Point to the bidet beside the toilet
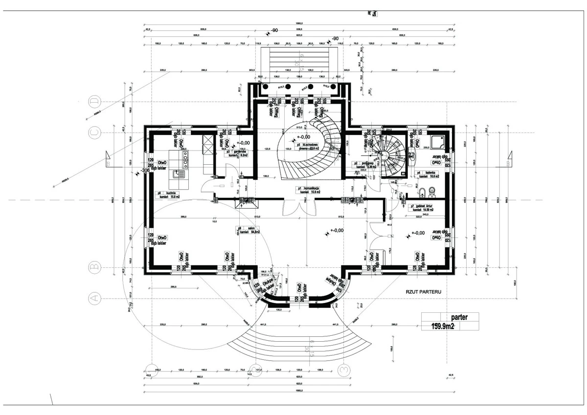click(420, 190)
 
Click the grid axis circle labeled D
click(93, 102)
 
